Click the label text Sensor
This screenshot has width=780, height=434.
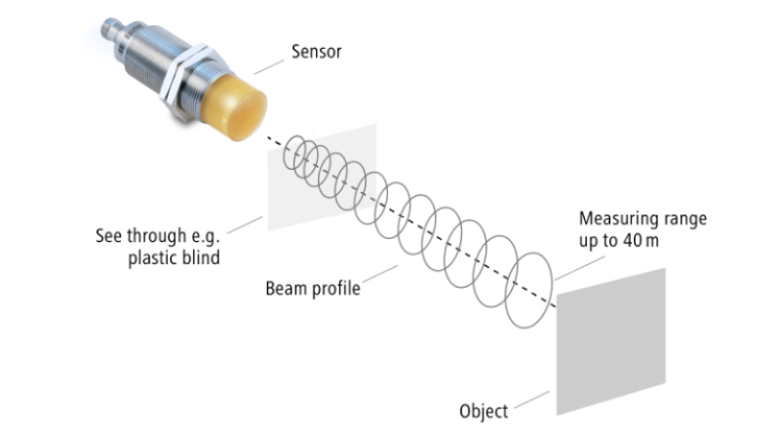click(316, 52)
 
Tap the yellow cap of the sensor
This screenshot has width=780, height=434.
click(234, 106)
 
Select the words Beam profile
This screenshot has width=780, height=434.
click(313, 289)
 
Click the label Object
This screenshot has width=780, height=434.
click(484, 412)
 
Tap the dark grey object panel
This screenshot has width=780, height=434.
click(611, 341)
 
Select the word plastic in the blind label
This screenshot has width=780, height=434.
click(152, 257)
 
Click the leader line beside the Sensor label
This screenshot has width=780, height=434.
click(269, 67)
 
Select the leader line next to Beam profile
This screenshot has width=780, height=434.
click(380, 274)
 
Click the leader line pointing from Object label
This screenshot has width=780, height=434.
click(531, 400)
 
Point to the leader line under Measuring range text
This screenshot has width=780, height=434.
click(580, 268)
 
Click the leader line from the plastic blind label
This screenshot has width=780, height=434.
click(245, 225)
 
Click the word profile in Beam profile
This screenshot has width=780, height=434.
click(335, 289)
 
